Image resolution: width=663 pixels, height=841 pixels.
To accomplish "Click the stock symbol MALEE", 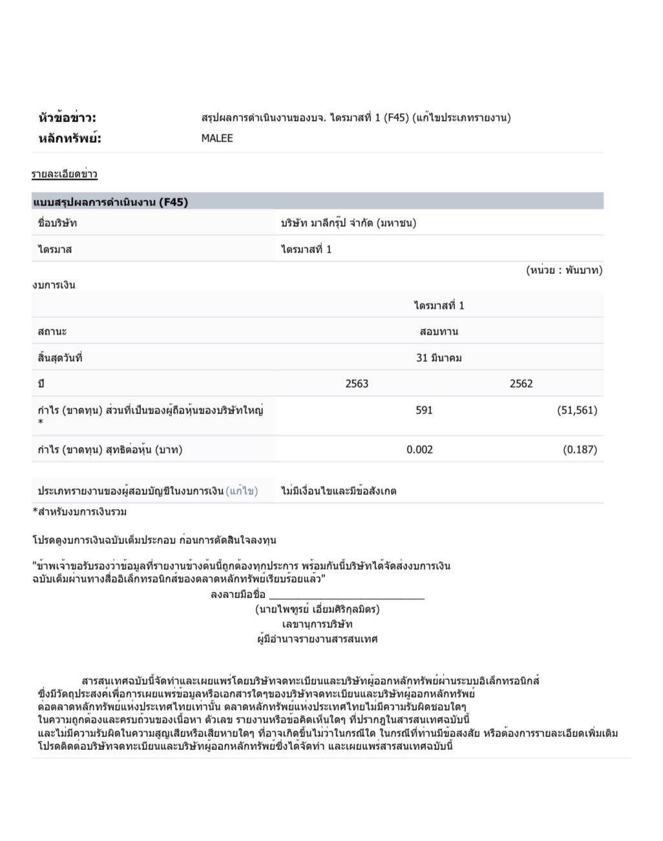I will click(217, 138).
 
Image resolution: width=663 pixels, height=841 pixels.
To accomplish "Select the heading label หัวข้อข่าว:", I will click(67, 118).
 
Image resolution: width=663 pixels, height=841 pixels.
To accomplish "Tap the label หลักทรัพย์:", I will click(70, 138).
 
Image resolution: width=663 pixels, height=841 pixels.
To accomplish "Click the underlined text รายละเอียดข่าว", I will click(65, 174).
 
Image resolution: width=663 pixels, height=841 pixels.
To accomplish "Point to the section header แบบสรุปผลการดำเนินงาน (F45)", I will click(111, 202).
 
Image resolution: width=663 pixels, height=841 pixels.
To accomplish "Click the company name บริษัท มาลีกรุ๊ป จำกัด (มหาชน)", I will click(348, 223).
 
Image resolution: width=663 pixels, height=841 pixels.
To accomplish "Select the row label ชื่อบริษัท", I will click(58, 223).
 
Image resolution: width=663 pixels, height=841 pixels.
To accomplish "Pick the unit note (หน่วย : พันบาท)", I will click(563, 270).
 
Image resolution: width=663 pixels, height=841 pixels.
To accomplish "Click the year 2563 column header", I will click(357, 384).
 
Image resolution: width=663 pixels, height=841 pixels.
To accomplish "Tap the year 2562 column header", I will click(521, 384).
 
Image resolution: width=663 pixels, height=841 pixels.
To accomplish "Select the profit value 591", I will click(424, 410).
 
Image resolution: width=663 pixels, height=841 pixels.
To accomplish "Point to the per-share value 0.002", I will click(419, 450).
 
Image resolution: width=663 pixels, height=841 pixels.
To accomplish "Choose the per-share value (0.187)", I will click(580, 450).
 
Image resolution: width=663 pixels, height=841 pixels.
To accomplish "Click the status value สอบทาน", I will click(439, 332).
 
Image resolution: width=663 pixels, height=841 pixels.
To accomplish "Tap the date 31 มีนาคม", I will click(439, 358).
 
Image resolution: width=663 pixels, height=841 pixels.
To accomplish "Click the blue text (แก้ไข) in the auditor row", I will click(242, 491).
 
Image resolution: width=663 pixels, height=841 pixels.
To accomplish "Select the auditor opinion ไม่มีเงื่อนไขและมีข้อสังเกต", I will click(339, 491).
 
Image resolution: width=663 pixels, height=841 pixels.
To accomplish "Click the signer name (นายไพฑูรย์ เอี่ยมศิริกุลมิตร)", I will click(317, 609).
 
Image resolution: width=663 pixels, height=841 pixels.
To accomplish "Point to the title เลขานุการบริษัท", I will click(317, 624).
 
